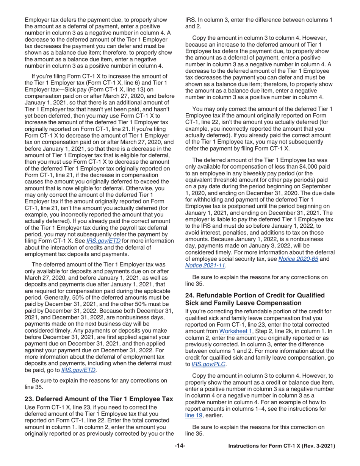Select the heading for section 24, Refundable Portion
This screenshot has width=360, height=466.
point(255,299)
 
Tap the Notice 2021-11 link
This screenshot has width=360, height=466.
point(204,266)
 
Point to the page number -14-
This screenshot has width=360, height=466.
point(180,447)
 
